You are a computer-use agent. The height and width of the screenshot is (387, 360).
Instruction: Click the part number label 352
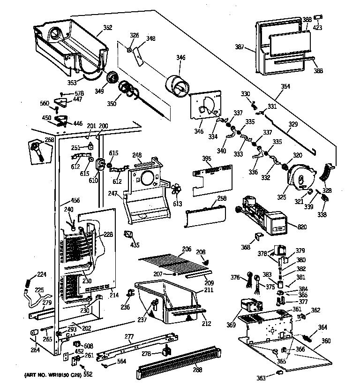[108, 27]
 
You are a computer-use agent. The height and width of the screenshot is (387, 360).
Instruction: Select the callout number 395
[206, 159]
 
